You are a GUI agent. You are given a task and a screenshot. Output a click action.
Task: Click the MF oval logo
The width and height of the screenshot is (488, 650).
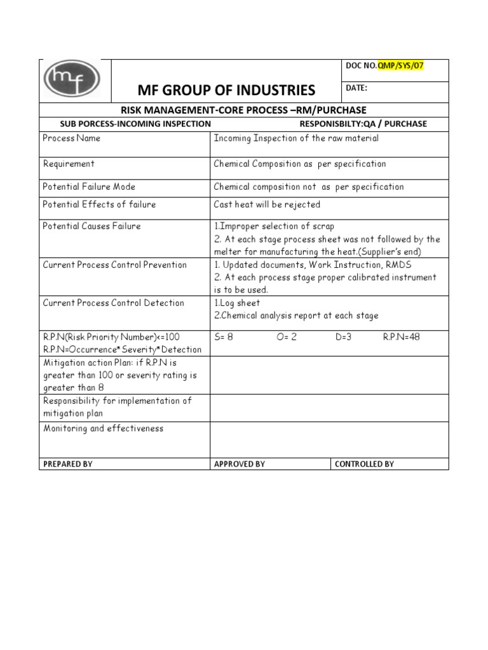[x=72, y=80]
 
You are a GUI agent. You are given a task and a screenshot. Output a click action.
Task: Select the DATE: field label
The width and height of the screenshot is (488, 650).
[x=356, y=88]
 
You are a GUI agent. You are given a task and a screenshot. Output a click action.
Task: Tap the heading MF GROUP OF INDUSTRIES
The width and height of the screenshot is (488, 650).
[x=226, y=90]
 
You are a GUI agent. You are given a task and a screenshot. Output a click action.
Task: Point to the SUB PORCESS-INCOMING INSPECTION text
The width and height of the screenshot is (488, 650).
[x=135, y=124]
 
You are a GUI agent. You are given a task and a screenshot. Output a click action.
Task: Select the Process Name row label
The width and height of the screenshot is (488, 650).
[x=72, y=138]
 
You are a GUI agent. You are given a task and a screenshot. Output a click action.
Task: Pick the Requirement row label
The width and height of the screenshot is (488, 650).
[x=69, y=164]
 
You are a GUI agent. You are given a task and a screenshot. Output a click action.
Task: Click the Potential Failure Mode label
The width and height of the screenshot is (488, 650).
[x=89, y=187]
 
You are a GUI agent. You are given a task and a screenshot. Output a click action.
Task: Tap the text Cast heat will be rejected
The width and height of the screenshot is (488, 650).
[x=267, y=204]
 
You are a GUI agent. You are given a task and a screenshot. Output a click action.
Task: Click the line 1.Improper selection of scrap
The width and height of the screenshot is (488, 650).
[x=274, y=226]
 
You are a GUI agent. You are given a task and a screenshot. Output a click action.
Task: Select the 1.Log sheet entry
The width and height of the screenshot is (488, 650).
[x=237, y=303]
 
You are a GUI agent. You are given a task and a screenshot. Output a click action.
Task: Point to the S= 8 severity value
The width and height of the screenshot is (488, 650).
[x=224, y=337]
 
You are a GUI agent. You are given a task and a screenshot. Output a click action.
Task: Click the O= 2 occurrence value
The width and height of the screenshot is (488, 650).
[x=287, y=337]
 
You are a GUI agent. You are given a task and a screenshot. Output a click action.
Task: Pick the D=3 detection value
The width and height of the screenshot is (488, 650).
[x=344, y=337]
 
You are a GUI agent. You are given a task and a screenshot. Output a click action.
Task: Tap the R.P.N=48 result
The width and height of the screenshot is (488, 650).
[x=401, y=337]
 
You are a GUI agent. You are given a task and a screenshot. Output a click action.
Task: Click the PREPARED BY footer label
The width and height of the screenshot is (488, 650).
[x=67, y=464]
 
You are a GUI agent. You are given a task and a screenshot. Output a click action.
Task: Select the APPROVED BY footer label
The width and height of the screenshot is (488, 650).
[x=240, y=464]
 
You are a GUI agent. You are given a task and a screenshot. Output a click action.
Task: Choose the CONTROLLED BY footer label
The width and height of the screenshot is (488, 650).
[x=364, y=464]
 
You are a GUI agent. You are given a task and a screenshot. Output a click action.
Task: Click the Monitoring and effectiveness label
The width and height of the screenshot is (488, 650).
[x=103, y=428]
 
